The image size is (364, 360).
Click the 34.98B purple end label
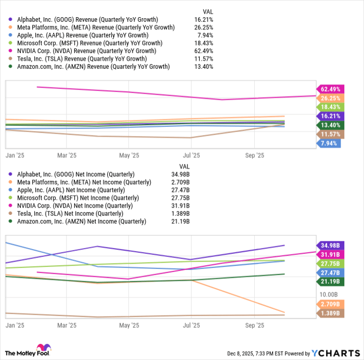tap(330, 245)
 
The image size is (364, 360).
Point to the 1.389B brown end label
tap(330, 313)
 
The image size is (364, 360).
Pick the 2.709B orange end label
tap(330, 304)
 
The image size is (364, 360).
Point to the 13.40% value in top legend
tap(203, 67)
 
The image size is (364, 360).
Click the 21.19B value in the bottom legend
tap(180, 221)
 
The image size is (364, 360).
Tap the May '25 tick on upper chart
tap(129, 155)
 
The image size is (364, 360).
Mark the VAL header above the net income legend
tap(184, 166)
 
